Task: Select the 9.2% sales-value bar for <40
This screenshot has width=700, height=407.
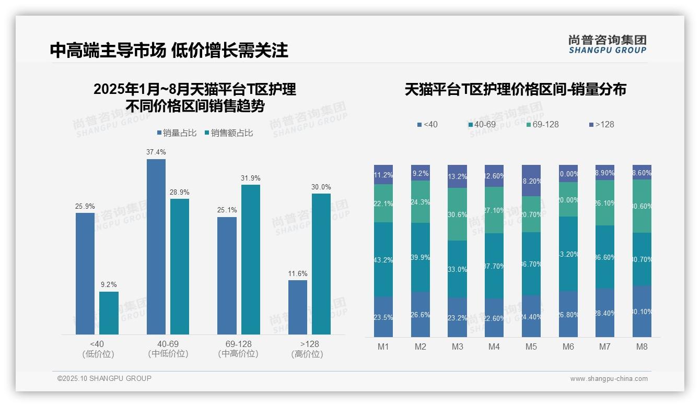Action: coord(109,313)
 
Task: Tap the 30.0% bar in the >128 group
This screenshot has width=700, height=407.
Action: coord(321,264)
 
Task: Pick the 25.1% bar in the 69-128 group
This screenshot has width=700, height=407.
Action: coord(227,276)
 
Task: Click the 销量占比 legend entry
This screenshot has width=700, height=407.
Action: coord(177,133)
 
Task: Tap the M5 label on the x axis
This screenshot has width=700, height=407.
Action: coord(531,346)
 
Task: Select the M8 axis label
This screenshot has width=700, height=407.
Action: coord(642,346)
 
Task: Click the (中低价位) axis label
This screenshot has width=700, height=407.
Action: coord(168,354)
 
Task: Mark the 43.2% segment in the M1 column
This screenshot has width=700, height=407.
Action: coord(383,259)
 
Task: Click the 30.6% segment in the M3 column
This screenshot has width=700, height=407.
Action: coord(457,214)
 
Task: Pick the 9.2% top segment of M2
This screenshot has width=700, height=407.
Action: coord(421,173)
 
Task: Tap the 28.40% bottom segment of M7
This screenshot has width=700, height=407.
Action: coord(605,313)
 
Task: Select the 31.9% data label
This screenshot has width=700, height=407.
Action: coord(251,178)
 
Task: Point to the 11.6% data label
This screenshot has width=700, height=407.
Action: coord(298,273)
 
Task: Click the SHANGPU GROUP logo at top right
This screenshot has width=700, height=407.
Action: coord(607,44)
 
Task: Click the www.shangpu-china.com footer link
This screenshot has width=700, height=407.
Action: coord(609,379)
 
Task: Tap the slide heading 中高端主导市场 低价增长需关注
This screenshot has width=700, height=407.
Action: coord(169,50)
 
